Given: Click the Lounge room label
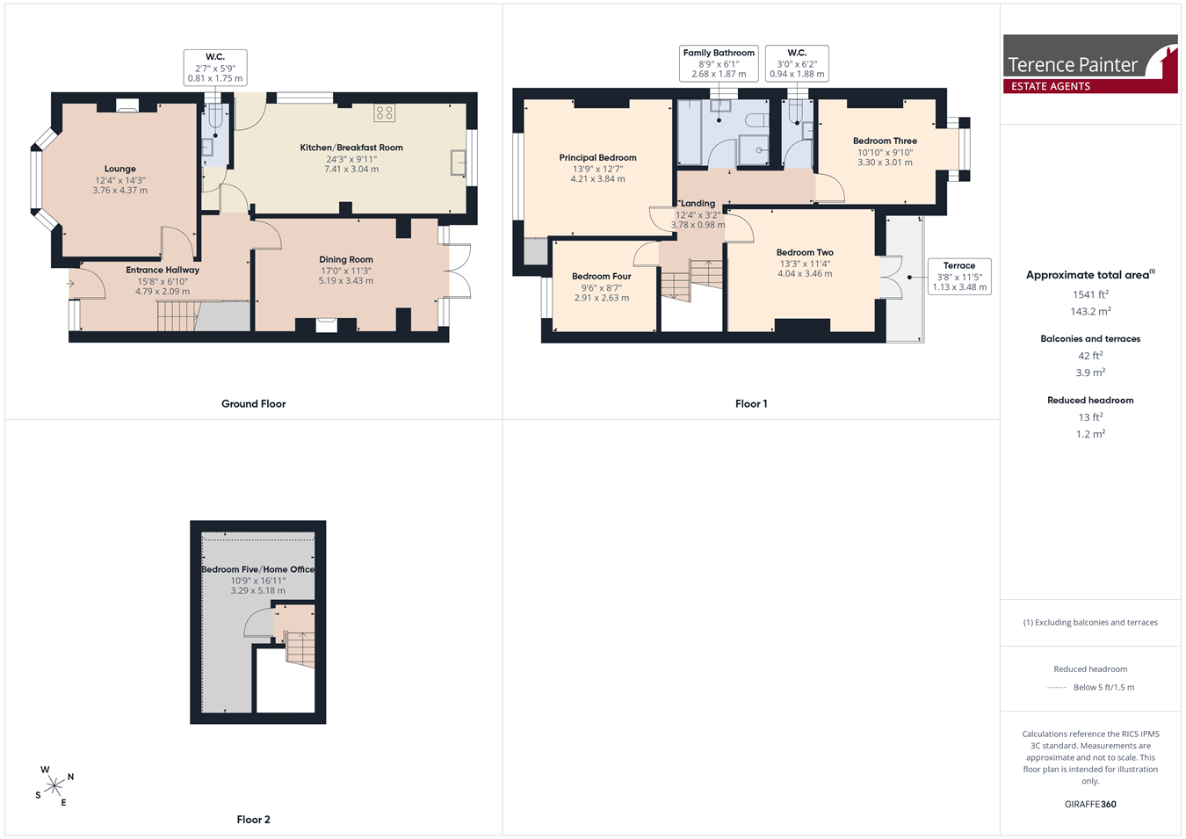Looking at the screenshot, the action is click(x=120, y=169).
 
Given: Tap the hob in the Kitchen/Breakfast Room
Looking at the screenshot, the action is click(x=385, y=112).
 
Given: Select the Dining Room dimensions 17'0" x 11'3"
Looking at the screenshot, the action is click(x=346, y=271).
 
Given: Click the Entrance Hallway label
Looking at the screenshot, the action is click(x=163, y=270).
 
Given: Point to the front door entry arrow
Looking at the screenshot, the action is click(x=70, y=285).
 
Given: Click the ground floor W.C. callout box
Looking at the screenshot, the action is click(x=215, y=68).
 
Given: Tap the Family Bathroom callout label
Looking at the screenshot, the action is click(x=719, y=53).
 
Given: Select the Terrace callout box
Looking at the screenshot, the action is click(x=959, y=277).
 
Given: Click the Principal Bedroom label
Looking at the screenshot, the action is click(x=597, y=158).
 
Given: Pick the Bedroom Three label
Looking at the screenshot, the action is click(x=885, y=141).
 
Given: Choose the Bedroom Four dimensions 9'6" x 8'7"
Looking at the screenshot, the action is click(x=602, y=288).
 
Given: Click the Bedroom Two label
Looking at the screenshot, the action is click(x=805, y=252).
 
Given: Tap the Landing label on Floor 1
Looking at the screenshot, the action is click(x=698, y=203).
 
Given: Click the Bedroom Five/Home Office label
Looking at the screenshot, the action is click(x=258, y=569).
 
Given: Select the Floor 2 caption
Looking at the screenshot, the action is click(x=253, y=820).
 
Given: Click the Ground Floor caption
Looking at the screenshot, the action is click(x=253, y=404).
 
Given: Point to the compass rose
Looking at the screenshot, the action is click(x=54, y=786).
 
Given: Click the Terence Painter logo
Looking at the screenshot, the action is click(x=1090, y=64).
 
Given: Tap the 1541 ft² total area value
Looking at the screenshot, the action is click(x=1090, y=294).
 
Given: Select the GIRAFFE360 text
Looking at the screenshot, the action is click(x=1090, y=804).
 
